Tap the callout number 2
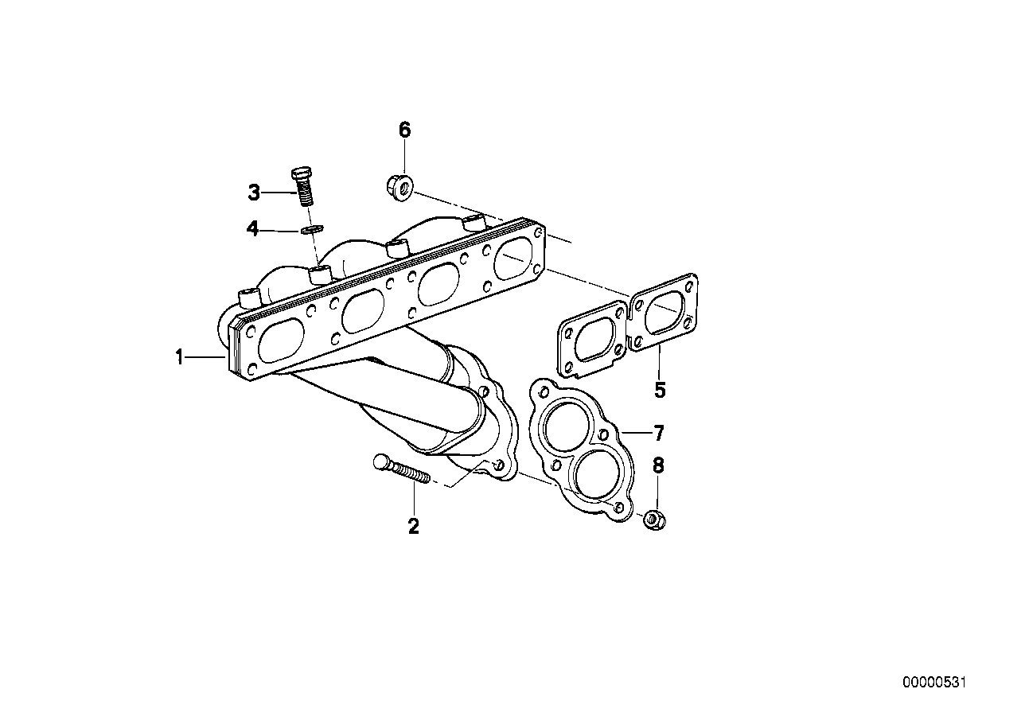click(x=413, y=526)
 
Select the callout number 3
click(x=254, y=193)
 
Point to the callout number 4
click(x=252, y=228)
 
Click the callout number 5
click(x=660, y=390)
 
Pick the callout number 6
click(x=404, y=130)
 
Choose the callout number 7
click(x=658, y=433)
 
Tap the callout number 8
click(x=657, y=465)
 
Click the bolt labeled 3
click(x=302, y=188)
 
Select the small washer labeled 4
click(x=313, y=228)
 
